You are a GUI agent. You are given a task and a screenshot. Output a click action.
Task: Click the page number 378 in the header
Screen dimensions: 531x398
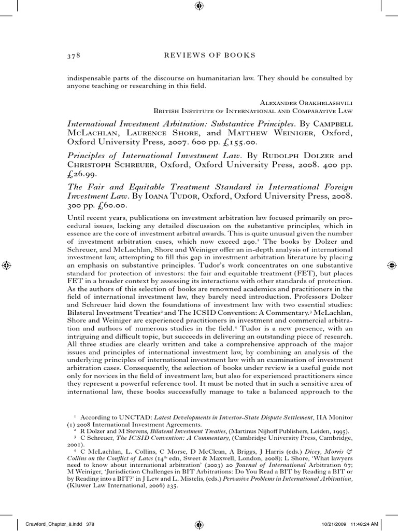coord(73,55)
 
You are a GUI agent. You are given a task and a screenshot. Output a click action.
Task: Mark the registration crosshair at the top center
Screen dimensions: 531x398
coord(199,6)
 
